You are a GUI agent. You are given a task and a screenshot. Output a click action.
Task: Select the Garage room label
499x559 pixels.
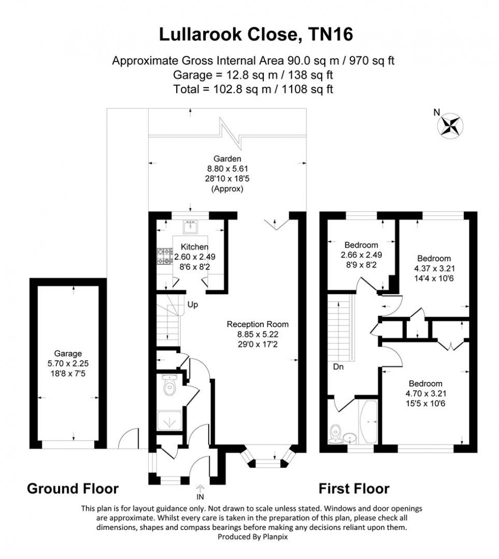point(68,354)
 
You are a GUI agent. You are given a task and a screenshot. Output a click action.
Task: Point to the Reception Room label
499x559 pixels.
point(258,324)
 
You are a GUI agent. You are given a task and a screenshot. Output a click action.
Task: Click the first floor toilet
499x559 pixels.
point(336,433)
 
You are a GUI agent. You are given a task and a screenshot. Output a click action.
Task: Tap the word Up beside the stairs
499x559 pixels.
point(192,305)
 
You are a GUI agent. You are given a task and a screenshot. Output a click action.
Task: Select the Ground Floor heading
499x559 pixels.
point(72,489)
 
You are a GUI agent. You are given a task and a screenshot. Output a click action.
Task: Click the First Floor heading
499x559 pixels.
point(354,489)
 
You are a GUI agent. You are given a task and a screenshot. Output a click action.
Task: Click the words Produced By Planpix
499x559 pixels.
point(249,537)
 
